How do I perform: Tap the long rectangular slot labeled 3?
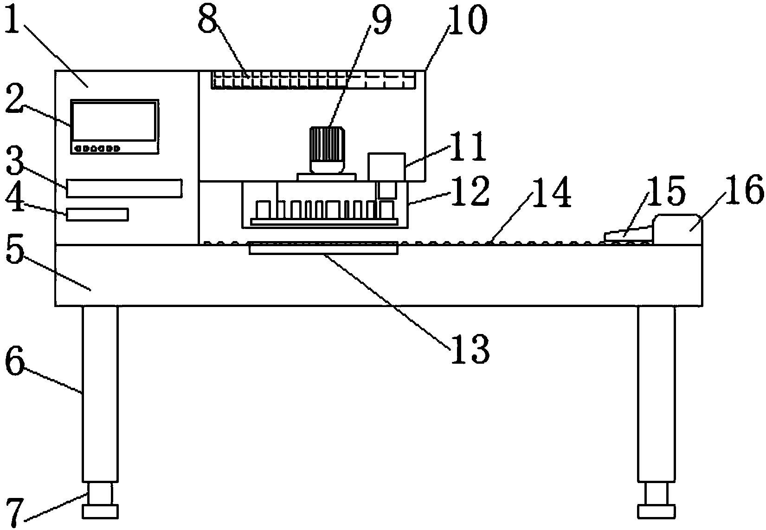coord(124,188)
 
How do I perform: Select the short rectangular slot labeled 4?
coord(97,215)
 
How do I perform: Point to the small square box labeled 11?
coord(386,166)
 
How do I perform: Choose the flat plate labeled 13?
coord(323,249)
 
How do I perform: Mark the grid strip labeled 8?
coord(313,79)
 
